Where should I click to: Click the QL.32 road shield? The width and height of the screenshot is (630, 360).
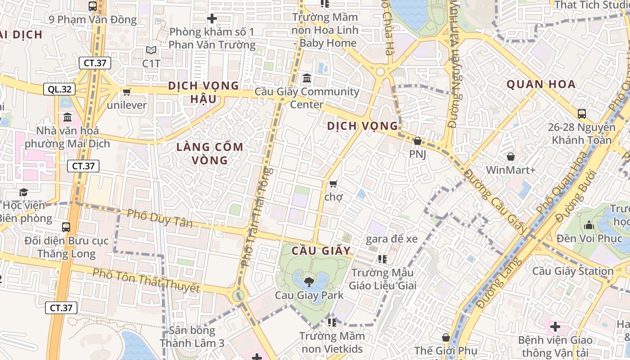[59, 89]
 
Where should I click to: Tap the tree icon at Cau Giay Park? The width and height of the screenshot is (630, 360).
[309, 282]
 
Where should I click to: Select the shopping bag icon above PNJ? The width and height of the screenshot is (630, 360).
[417, 141]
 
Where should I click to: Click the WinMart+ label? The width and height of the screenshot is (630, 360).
[511, 170]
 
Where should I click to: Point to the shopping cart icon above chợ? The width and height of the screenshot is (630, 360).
[333, 183]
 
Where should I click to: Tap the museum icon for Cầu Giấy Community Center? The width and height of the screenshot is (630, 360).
[307, 78]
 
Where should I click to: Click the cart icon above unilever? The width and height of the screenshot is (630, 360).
[126, 92]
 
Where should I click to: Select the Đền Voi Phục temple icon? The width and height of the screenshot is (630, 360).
[589, 225]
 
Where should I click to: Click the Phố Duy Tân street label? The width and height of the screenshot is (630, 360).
[159, 218]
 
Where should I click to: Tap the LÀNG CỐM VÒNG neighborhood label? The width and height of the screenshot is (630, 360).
[210, 153]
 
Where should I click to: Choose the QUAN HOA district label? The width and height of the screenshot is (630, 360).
[541, 84]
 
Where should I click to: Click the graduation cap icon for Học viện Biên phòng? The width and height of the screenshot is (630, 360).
[23, 193]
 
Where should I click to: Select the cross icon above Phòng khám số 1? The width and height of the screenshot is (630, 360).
[211, 18]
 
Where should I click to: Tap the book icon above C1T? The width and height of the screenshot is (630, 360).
[151, 50]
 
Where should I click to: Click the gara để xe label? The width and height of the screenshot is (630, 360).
[391, 239]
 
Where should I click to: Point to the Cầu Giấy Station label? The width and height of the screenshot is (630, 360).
[573, 271]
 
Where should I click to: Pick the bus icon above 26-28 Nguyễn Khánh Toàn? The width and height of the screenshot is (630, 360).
[581, 113]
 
